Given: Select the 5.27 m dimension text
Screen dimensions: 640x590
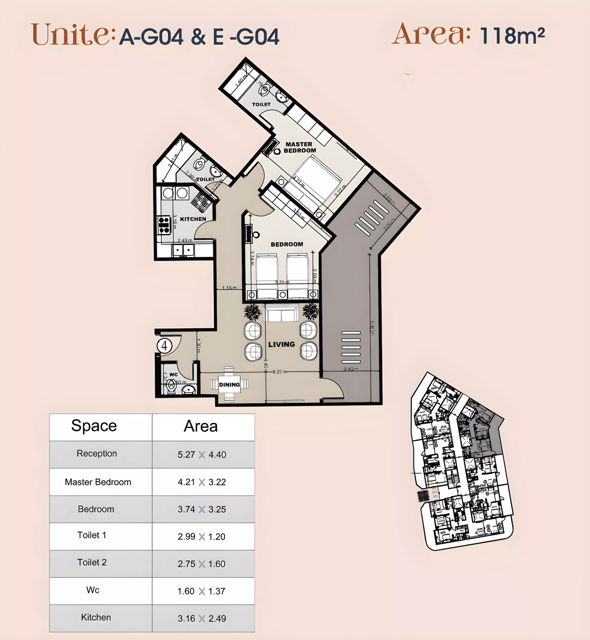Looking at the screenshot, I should coord(280,372).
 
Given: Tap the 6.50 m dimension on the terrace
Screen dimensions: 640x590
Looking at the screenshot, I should coord(372,328).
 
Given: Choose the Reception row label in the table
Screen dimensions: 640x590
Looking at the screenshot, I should coord(97,453).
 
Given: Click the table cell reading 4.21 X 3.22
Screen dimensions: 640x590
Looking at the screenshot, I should coord(202,482).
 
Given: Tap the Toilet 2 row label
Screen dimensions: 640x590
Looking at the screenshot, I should coord(92,562).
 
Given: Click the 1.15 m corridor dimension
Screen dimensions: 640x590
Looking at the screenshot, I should coord(229,288).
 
